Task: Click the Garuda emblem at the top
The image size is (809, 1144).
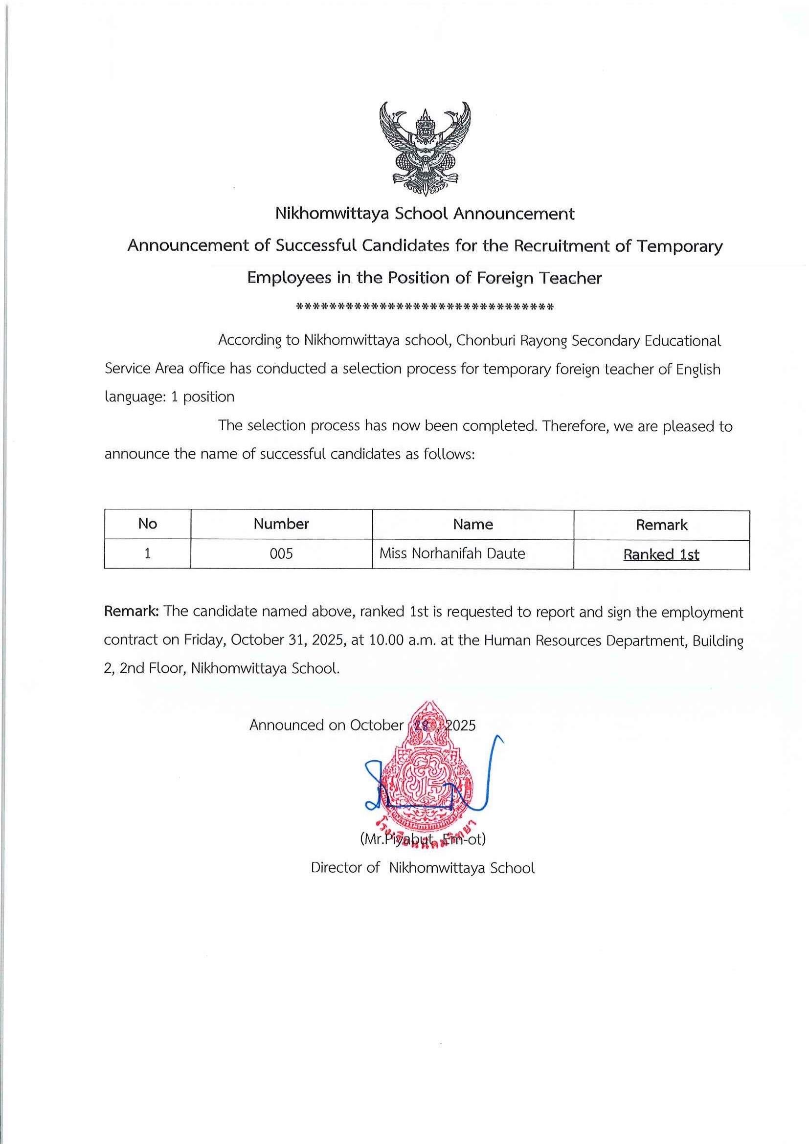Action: [x=425, y=148]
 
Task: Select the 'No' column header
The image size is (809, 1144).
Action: [x=148, y=524]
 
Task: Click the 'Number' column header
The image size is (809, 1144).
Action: [x=281, y=524]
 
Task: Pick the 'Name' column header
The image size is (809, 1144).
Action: [x=472, y=524]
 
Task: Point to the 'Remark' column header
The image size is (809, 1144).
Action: [x=661, y=525]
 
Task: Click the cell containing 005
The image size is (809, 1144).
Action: [x=281, y=553]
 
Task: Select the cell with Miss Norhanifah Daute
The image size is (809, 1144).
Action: [x=452, y=553]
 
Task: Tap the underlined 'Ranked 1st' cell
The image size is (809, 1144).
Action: [x=661, y=554]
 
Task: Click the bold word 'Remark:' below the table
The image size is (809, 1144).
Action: [x=131, y=612]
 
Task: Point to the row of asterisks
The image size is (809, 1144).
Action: [x=425, y=307]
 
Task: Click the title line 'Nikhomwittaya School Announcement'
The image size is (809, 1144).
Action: [x=425, y=214]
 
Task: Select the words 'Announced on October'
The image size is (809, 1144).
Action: [x=326, y=725]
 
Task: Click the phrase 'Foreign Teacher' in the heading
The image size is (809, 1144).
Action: [x=539, y=278]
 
